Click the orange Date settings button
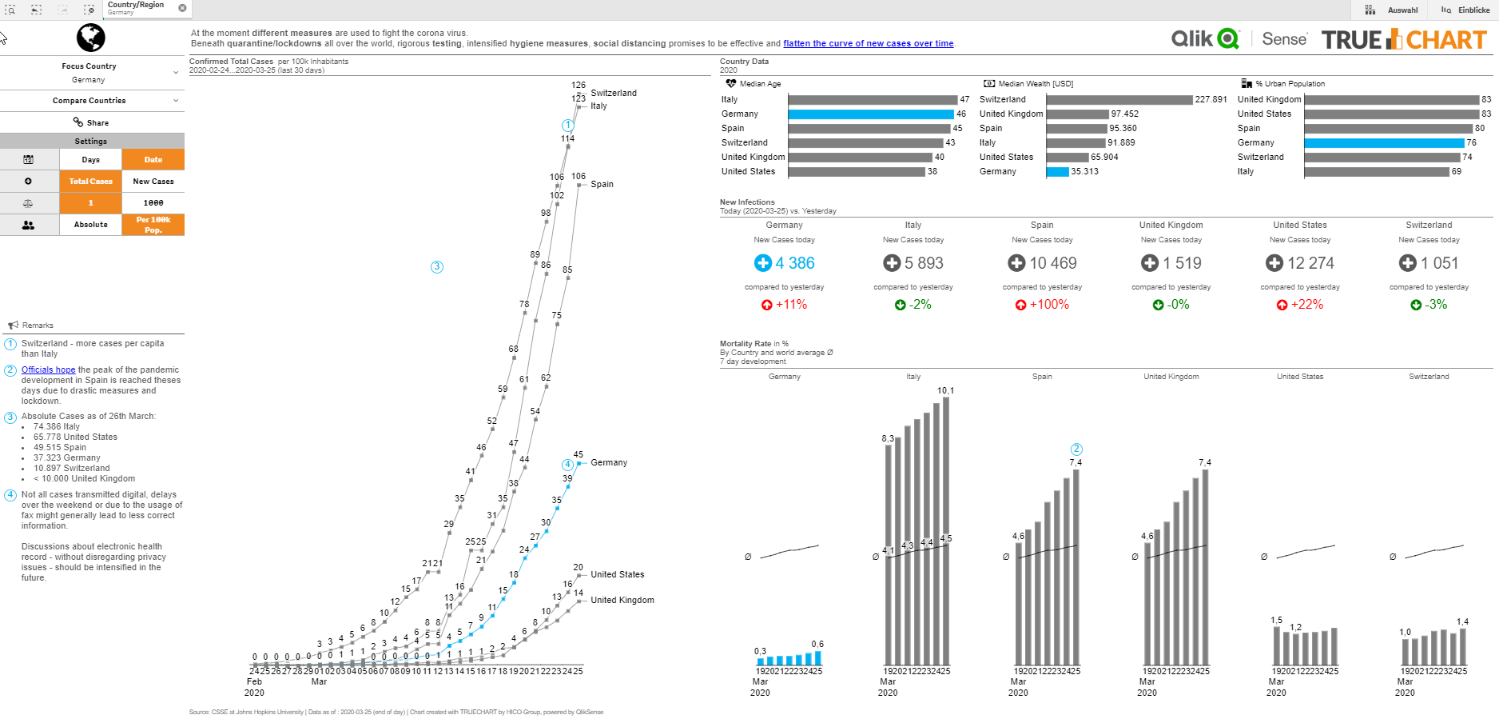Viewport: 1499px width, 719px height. pyautogui.click(x=153, y=160)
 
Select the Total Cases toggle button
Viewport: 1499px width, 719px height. pyautogui.click(x=90, y=182)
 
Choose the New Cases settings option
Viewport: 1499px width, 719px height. pyautogui.click(x=153, y=182)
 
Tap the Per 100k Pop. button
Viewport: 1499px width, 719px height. pyautogui.click(x=153, y=225)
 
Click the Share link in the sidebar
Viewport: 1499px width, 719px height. pyautogui.click(x=91, y=122)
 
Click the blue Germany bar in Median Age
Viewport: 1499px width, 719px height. pyautogui.click(x=871, y=114)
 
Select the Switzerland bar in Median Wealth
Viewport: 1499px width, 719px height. pyautogui.click(x=1119, y=100)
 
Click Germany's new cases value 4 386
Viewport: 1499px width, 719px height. pyautogui.click(x=794, y=263)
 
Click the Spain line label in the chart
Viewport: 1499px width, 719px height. pyautogui.click(x=602, y=184)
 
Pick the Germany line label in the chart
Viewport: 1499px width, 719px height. pyautogui.click(x=608, y=462)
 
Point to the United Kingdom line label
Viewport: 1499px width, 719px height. pyautogui.click(x=622, y=600)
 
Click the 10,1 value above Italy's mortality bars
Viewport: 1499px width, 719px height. pyautogui.click(x=945, y=391)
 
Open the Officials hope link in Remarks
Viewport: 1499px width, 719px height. pyautogui.click(x=48, y=370)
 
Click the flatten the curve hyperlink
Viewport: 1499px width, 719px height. pyautogui.click(x=868, y=44)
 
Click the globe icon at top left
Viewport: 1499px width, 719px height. pyautogui.click(x=91, y=38)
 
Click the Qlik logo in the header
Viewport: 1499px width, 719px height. pyautogui.click(x=1205, y=39)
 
